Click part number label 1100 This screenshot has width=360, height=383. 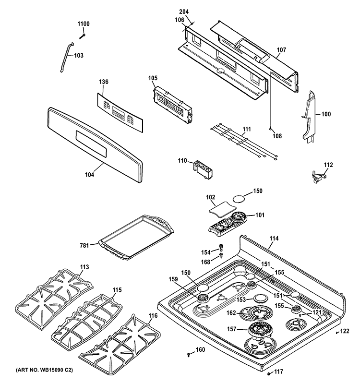(x=84, y=24)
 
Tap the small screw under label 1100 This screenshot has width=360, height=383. (x=83, y=36)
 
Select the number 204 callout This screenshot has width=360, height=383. (x=184, y=12)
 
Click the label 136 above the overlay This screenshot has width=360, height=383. (x=104, y=82)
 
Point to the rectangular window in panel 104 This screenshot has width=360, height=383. (x=91, y=144)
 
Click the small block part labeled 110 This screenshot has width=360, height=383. (x=203, y=168)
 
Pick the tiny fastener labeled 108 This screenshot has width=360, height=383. (x=271, y=128)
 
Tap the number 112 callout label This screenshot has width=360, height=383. (x=328, y=165)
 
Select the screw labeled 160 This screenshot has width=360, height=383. (x=189, y=355)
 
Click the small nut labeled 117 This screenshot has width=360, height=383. (x=268, y=373)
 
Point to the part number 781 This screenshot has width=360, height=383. (x=84, y=245)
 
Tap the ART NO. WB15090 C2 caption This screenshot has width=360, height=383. (x=44, y=370)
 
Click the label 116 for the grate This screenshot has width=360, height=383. (x=153, y=316)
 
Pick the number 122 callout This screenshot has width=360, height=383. (x=345, y=331)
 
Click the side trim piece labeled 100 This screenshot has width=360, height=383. (x=309, y=117)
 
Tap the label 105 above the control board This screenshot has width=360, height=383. (x=153, y=78)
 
